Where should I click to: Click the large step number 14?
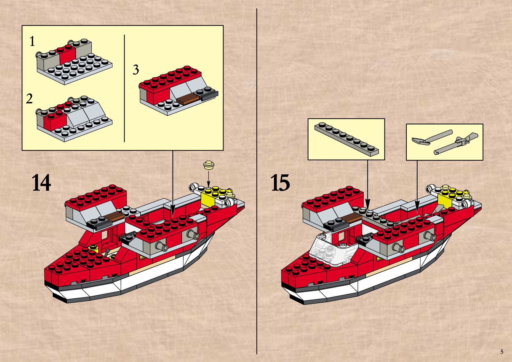[x=41, y=183]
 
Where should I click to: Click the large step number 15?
[x=280, y=183]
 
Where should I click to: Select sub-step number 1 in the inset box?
[x=32, y=41]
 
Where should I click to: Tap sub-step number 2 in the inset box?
[x=29, y=99]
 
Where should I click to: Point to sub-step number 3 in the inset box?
[x=136, y=70]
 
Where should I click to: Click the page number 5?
[x=502, y=352]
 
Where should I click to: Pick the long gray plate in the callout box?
[x=347, y=140]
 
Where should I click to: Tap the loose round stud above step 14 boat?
[x=209, y=165]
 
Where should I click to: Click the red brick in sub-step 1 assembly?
[x=67, y=55]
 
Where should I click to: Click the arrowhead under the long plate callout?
[x=367, y=203]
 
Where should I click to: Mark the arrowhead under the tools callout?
[x=417, y=207]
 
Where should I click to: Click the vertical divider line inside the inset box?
[x=124, y=88]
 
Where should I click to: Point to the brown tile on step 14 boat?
[x=115, y=216]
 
